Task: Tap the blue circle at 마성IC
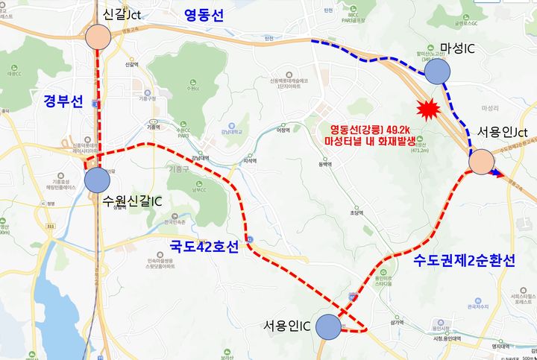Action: pos(438,72)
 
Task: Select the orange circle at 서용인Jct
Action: pos(481,160)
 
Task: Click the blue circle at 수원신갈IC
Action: pos(98,179)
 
